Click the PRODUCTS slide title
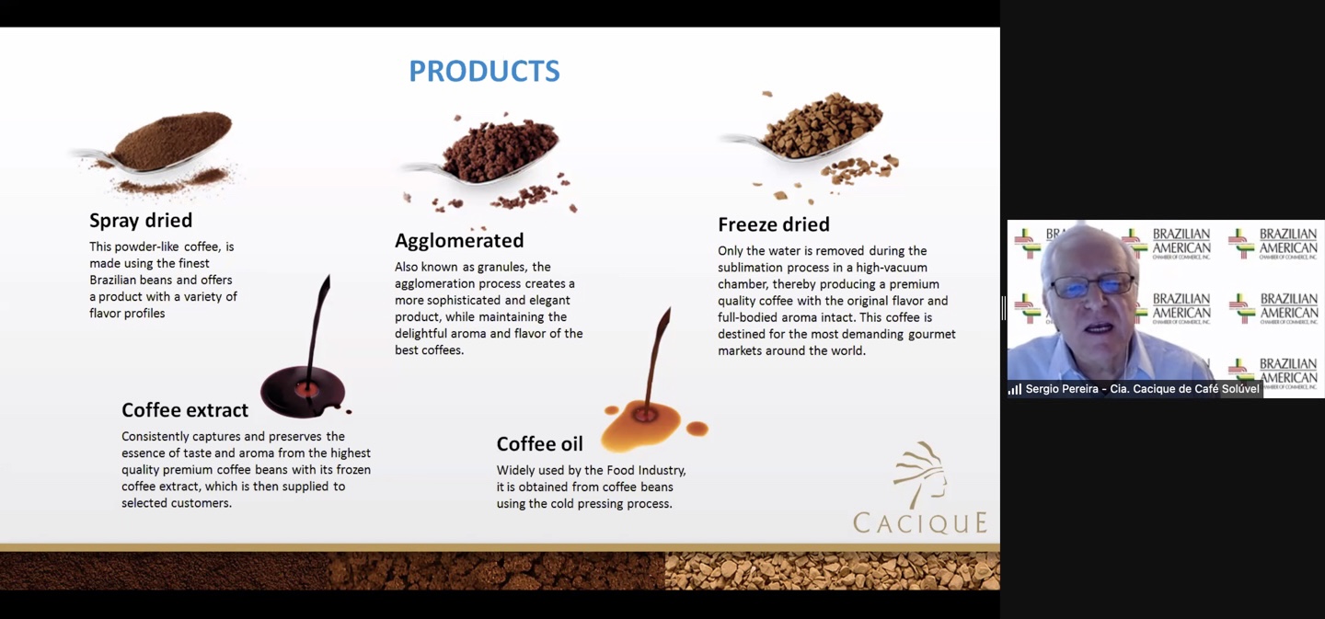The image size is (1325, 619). pyautogui.click(x=484, y=71)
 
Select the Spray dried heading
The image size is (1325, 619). pyautogui.click(x=141, y=221)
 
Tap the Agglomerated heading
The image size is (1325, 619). pyautogui.click(x=459, y=241)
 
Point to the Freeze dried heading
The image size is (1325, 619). pyautogui.click(x=774, y=224)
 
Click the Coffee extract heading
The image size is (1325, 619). pyautogui.click(x=185, y=409)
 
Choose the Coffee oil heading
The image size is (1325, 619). pyautogui.click(x=539, y=443)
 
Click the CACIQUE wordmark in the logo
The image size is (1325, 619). pyautogui.click(x=920, y=522)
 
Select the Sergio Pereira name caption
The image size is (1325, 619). pyautogui.click(x=1142, y=389)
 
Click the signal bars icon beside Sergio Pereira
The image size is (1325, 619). pyautogui.click(x=1015, y=390)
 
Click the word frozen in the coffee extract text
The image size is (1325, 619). pyautogui.click(x=353, y=469)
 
